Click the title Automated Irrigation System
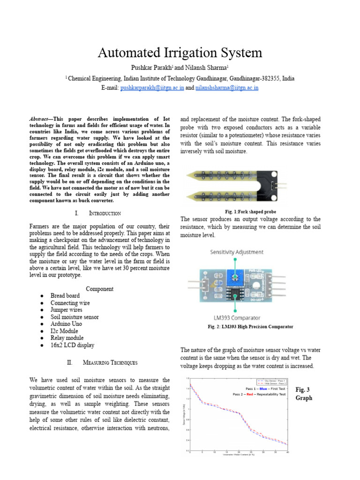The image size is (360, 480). pos(180,52)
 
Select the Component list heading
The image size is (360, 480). pos(99,289)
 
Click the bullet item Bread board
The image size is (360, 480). pos(65,296)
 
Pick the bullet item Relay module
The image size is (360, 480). pos(67,338)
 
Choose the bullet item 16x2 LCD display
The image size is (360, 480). pos(72,345)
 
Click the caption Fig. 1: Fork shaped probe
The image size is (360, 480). pos(250,212)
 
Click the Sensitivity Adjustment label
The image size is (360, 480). pos(236,252)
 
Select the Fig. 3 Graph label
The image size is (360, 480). pos(303,394)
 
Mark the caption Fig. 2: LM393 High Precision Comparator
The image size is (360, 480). pos(250,327)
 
